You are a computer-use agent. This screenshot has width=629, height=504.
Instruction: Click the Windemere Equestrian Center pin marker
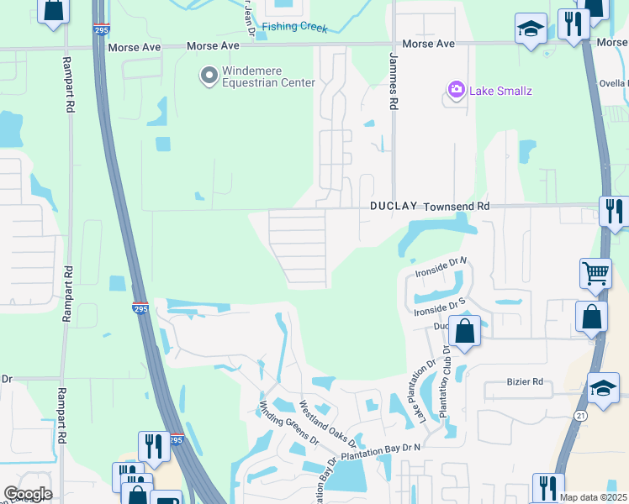pyautogui.click(x=208, y=76)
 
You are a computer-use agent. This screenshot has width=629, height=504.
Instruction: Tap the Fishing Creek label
pyautogui.click(x=294, y=27)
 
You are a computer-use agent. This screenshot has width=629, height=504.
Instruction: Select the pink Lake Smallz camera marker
pyautogui.click(x=457, y=90)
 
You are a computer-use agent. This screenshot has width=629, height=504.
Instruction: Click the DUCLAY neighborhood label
pyautogui.click(x=394, y=206)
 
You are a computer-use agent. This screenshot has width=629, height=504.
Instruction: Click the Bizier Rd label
pyautogui.click(x=526, y=382)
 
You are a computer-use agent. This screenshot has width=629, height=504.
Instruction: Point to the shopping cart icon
pyautogui.click(x=595, y=273)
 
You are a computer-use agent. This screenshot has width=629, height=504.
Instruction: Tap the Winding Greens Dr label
pyautogui.click(x=289, y=424)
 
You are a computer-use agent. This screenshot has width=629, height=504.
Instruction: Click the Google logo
pyautogui.click(x=28, y=494)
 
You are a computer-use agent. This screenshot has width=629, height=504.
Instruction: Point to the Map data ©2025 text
pyautogui.click(x=592, y=497)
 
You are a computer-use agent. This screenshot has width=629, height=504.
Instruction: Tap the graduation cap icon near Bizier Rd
pyautogui.click(x=602, y=387)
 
